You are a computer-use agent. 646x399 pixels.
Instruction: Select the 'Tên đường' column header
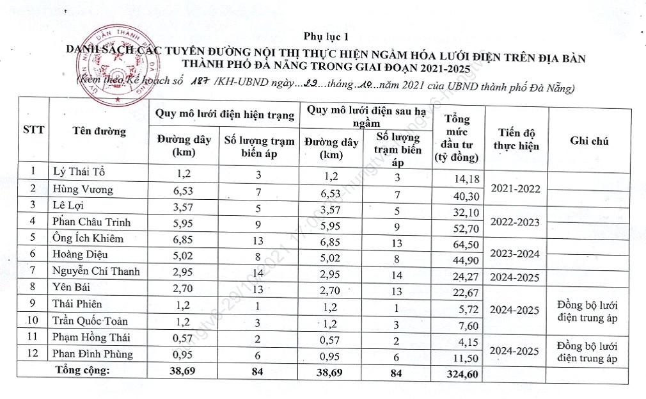pyautogui.click(x=99, y=131)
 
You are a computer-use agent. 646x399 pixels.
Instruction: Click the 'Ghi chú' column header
pyautogui.click(x=589, y=141)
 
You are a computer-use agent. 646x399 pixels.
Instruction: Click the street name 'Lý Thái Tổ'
pyautogui.click(x=79, y=172)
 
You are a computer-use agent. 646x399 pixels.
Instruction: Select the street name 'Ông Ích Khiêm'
pyautogui.click(x=88, y=238)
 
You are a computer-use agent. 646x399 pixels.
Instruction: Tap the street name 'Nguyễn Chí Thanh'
pyautogui.click(x=96, y=271)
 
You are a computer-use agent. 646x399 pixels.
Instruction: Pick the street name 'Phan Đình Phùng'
pyautogui.click(x=93, y=354)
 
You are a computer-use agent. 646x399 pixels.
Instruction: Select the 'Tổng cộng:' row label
pyautogui.click(x=83, y=370)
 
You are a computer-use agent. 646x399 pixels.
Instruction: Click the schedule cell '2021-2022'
pyautogui.click(x=516, y=189)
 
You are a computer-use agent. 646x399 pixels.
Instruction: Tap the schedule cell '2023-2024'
pyautogui.click(x=516, y=254)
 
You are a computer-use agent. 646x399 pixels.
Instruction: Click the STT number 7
pyautogui.click(x=33, y=271)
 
